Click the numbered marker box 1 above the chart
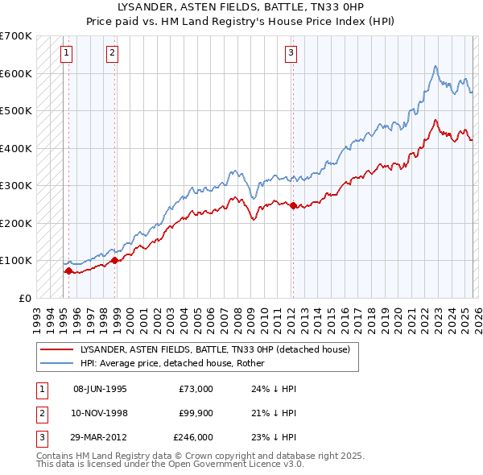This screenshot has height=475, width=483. click(66, 53)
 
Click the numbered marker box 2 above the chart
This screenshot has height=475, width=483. click(112, 53)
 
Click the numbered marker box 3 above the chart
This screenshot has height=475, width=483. click(291, 53)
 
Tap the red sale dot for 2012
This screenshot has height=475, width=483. click(293, 205)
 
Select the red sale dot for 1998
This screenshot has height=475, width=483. click(115, 260)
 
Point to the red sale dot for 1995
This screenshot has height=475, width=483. click(68, 271)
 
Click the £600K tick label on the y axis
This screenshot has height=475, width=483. click(16, 73)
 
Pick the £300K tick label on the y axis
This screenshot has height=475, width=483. click(16, 185)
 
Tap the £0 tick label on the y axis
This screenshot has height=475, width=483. click(24, 298)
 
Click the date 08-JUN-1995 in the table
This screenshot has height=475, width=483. click(100, 389)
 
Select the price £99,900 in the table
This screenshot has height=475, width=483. click(193, 413)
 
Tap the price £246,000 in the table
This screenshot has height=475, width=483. click(193, 437)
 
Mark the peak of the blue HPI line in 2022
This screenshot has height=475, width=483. click(435, 66)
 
